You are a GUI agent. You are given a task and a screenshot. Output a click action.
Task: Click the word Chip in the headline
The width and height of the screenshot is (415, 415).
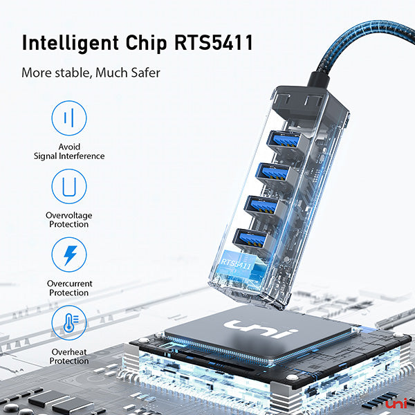click(x=145, y=42)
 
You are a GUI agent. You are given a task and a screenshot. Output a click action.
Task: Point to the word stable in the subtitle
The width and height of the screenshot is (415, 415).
click(x=72, y=72)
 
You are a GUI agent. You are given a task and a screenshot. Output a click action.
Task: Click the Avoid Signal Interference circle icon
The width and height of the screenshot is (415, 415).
click(x=69, y=118)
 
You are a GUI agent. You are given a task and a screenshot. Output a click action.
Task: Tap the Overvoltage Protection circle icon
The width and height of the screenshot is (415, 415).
click(x=69, y=187)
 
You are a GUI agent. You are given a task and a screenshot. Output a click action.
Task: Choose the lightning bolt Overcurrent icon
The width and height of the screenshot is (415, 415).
click(x=69, y=255)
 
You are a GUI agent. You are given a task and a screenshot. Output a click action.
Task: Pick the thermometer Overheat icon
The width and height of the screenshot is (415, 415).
click(x=69, y=323)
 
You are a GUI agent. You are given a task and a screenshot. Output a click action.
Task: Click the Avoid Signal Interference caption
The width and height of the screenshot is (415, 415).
click(x=69, y=151)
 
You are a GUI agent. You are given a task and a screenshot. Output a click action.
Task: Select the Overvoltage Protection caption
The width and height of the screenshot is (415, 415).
click(x=69, y=220)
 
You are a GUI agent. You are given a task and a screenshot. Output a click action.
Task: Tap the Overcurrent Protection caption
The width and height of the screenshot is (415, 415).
click(x=69, y=288)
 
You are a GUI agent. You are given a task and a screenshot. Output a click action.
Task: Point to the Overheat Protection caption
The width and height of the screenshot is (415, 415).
click(x=69, y=356)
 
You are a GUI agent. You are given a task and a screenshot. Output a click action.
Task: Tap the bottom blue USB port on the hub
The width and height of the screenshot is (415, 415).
click(x=250, y=239)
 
